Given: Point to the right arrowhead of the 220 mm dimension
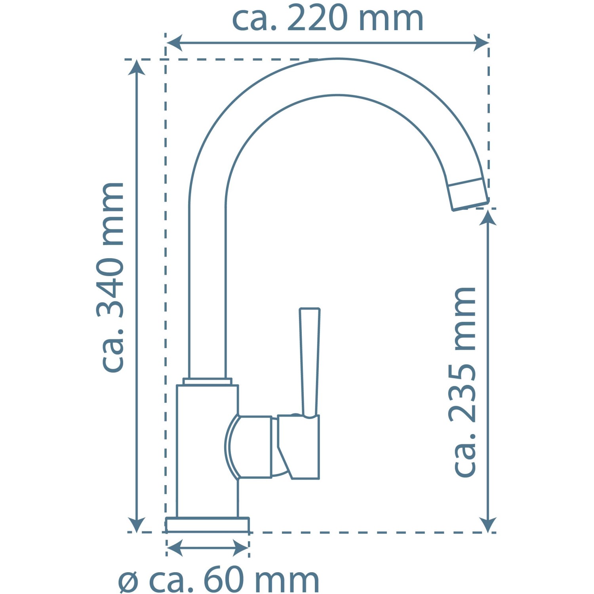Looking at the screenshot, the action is pyautogui.click(x=481, y=43).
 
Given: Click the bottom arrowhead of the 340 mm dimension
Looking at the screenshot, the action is pyautogui.click(x=136, y=524).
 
